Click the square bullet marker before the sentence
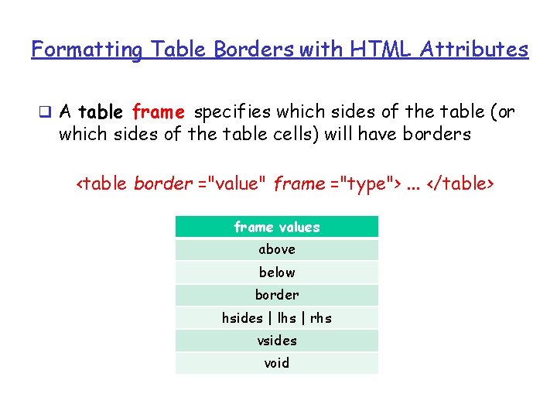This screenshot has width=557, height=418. (x=47, y=112)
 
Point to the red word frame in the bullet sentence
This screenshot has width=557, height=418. (x=158, y=112)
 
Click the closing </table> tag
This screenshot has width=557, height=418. (x=460, y=184)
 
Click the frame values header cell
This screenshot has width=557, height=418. (x=277, y=227)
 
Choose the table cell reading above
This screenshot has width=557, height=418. (x=277, y=249)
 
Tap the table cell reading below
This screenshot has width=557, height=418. (x=277, y=272)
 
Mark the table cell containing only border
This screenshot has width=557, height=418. (x=277, y=295)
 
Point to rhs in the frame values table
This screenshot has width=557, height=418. (x=321, y=318)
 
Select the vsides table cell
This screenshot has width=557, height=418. (x=277, y=341)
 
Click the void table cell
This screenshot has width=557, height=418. (x=277, y=363)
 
